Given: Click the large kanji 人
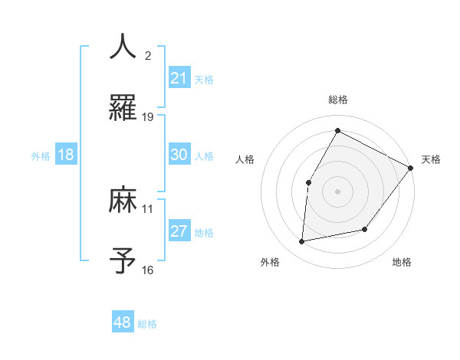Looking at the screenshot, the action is [123, 47].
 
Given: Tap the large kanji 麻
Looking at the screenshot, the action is [123, 200].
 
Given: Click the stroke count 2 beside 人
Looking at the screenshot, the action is [148, 55].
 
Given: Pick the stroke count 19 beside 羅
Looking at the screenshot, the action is [148, 116].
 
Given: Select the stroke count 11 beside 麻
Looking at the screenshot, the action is [148, 208].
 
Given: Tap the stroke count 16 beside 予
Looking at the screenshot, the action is [148, 270].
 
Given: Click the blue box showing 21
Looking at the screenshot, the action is [179, 78].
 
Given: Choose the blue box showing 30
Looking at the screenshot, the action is [179, 155].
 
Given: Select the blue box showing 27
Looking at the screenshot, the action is [179, 231].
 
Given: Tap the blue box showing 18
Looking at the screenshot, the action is [66, 155].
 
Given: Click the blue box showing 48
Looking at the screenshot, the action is [123, 322].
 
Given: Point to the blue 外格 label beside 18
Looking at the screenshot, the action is [41, 155].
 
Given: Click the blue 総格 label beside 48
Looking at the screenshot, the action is [147, 324].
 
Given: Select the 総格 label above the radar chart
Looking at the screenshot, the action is [337, 100].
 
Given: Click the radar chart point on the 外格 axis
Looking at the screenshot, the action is [303, 242].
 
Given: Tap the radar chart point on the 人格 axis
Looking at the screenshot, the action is [308, 182].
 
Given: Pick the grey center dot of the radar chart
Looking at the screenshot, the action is [337, 191].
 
